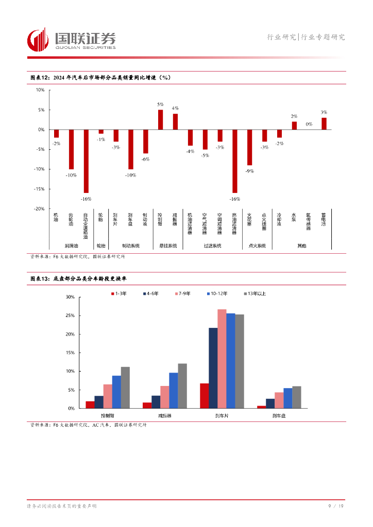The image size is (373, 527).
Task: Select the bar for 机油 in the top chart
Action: click(x=56, y=134)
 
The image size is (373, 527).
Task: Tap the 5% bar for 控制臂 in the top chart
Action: click(x=160, y=120)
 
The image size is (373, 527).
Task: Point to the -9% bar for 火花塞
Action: click(x=249, y=147)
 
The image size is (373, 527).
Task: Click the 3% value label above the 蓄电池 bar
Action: click(x=324, y=112)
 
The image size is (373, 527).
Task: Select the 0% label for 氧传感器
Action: click(x=309, y=124)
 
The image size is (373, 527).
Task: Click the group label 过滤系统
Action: click(x=212, y=246)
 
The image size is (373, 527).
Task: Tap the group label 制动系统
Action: click(x=130, y=246)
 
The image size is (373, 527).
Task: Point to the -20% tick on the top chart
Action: click(x=39, y=208)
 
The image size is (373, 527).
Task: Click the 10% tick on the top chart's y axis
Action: click(x=40, y=90)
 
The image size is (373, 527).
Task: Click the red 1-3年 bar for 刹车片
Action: click(x=204, y=396)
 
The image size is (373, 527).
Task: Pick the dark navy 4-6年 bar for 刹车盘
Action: click(x=270, y=403)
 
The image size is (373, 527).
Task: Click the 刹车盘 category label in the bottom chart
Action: click(x=279, y=415)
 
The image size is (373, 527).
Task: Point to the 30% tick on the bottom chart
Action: click(x=71, y=297)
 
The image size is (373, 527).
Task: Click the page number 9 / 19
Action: click(x=336, y=506)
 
